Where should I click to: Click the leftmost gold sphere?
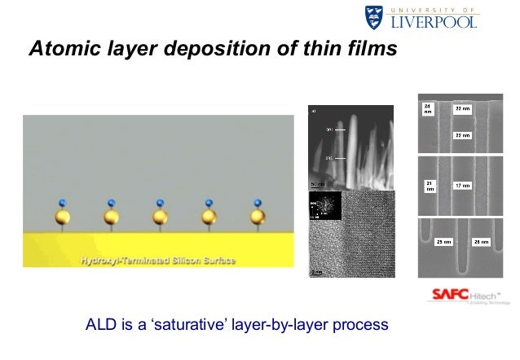pos(63,217)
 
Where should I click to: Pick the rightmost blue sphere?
pos(258,202)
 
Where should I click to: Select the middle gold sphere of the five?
pos(161,217)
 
